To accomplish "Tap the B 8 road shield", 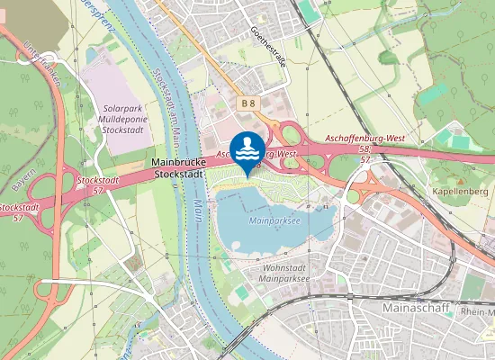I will click(x=249, y=104).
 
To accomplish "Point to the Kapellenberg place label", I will click(x=457, y=192).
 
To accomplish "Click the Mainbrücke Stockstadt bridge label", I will click(x=175, y=167).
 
